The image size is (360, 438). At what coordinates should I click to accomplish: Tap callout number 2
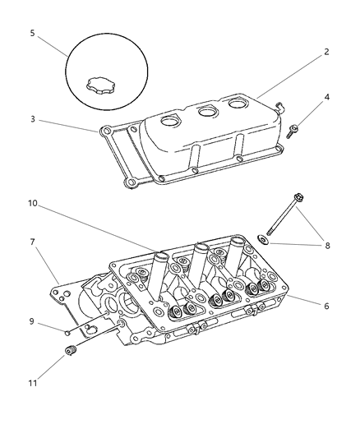[x=326, y=52]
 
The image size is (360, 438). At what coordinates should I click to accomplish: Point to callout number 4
[x=326, y=98]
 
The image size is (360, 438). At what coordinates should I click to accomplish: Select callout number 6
[x=326, y=306]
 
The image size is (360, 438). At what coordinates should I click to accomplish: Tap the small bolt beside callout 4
[x=294, y=128]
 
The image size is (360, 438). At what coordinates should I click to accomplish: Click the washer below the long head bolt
[x=261, y=240]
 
